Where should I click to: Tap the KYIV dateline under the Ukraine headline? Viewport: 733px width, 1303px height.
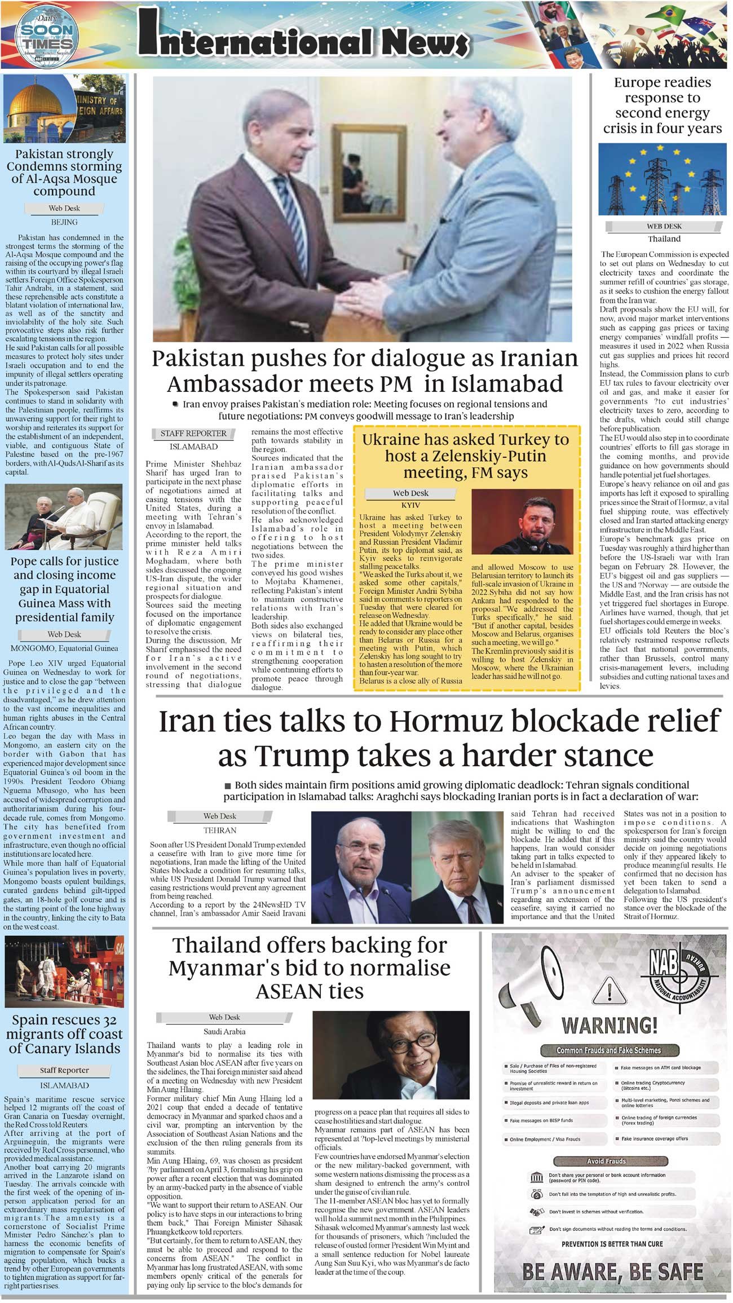410,505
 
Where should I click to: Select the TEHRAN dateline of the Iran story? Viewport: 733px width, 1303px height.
219,830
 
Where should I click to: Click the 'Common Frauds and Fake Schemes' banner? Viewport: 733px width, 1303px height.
608,1050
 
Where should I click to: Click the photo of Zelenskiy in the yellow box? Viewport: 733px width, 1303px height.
522,521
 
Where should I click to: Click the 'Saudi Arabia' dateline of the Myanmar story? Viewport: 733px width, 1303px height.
224,1031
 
